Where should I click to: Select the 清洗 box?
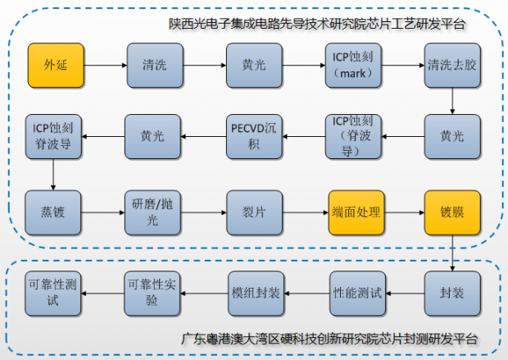coord(154,64)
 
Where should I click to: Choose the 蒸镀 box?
coord(54,212)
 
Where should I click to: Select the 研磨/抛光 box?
coord(154,212)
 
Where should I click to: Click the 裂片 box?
coord(253,212)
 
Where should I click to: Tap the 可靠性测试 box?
coord(54,292)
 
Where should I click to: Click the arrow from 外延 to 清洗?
coord(104,64)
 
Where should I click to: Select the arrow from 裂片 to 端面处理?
coord(304,212)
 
